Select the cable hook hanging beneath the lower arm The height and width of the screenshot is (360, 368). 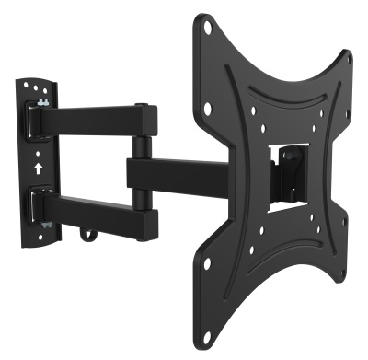(87, 236)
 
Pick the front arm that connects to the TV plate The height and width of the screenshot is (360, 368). (175, 174)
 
